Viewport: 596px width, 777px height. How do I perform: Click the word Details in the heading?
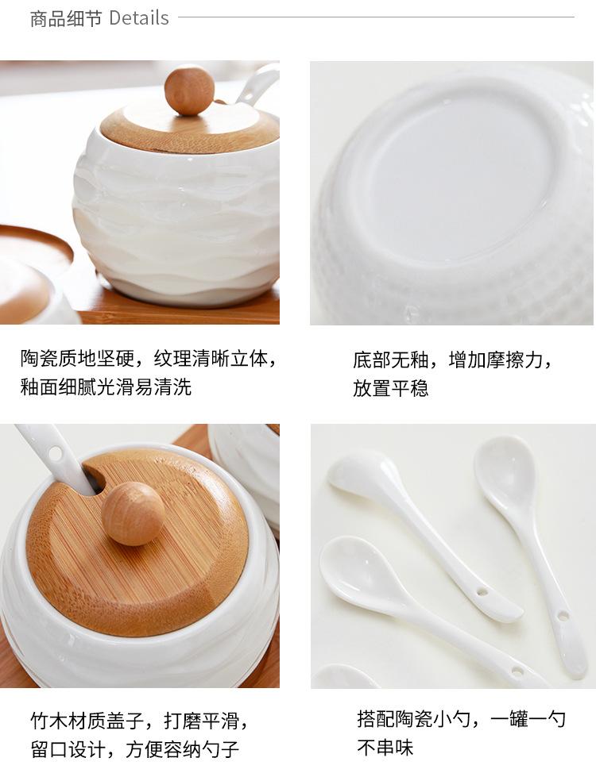coord(139,18)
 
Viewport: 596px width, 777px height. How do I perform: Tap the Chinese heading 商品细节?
coord(66,18)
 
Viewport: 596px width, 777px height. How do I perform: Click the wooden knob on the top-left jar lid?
coord(189,90)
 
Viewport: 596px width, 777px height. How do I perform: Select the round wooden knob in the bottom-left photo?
coord(133,513)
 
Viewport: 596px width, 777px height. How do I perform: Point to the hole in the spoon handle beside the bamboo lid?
coord(55,453)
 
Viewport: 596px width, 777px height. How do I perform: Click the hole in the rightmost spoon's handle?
coord(563,614)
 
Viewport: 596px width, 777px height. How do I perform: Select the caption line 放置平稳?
coord(391,389)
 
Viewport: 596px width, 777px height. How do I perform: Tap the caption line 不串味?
coord(385,748)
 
